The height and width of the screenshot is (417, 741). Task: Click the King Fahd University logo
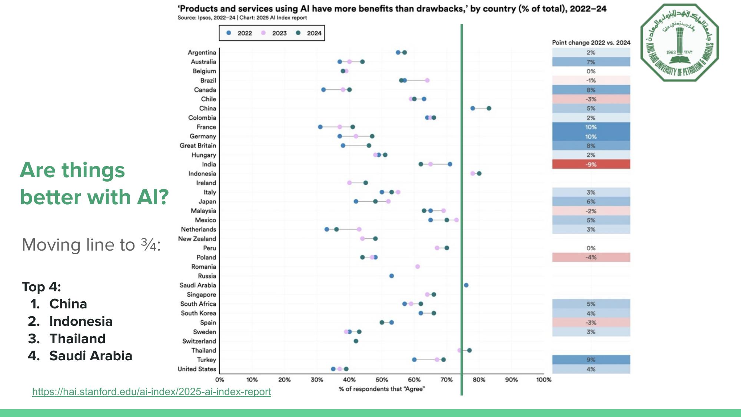pyautogui.click(x=679, y=43)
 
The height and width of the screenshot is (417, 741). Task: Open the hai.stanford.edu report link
pyautogui.click(x=152, y=392)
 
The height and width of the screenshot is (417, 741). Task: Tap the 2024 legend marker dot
pyautogui.click(x=298, y=33)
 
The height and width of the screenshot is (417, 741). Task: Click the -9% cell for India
pyautogui.click(x=591, y=164)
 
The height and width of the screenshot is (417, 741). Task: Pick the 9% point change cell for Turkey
pyautogui.click(x=591, y=360)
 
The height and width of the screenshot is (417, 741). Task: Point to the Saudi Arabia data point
pyautogui.click(x=466, y=285)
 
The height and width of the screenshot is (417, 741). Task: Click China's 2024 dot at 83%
pyautogui.click(x=489, y=108)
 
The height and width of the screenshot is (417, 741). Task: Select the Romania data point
pyautogui.click(x=418, y=267)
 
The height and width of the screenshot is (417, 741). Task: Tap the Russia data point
pyautogui.click(x=392, y=276)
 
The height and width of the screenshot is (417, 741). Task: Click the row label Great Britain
pyautogui.click(x=198, y=146)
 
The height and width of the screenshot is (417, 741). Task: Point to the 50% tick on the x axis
pyautogui.click(x=382, y=380)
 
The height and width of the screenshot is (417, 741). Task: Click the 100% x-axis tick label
pyautogui.click(x=544, y=380)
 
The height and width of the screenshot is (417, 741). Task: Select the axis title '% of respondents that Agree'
pyautogui.click(x=382, y=389)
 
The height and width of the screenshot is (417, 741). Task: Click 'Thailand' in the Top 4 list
pyautogui.click(x=77, y=339)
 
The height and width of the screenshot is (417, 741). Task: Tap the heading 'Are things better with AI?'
pyautogui.click(x=94, y=183)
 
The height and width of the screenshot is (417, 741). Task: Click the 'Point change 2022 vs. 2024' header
pyautogui.click(x=591, y=43)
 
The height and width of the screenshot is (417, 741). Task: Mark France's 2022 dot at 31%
pyautogui.click(x=320, y=127)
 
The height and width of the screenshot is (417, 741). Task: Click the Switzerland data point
pyautogui.click(x=356, y=341)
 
